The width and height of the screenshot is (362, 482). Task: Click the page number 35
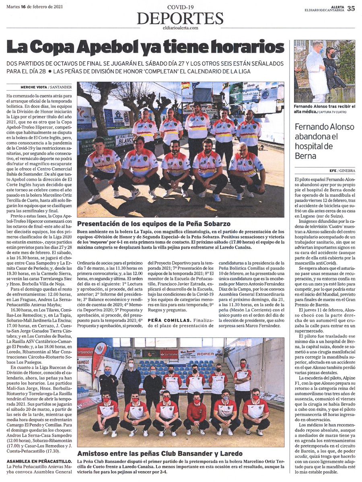tap(351, 8)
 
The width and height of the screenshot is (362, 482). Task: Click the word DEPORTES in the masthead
tap(180, 19)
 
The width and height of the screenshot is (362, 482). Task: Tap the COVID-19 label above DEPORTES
tap(180, 7)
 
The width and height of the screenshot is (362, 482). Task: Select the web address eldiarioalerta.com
tap(180, 28)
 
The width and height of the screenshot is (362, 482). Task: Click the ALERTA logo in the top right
tap(338, 6)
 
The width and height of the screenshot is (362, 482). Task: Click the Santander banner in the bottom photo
tap(169, 354)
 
